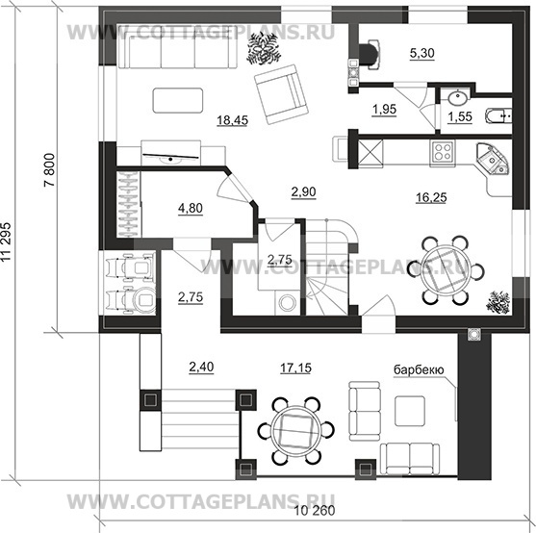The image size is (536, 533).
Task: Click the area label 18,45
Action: (x=233, y=120)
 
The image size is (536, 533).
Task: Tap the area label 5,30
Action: (x=422, y=53)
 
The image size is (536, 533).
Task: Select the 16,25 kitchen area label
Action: (x=431, y=197)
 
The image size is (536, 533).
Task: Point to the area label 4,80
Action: (x=191, y=208)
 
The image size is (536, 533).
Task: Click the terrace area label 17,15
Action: (x=296, y=368)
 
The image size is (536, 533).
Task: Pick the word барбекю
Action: (x=419, y=369)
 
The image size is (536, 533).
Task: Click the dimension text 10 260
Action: (x=315, y=511)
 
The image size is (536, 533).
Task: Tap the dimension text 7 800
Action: (x=50, y=169)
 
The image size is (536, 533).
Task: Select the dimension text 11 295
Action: (x=6, y=241)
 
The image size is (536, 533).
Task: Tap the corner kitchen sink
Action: (x=493, y=158)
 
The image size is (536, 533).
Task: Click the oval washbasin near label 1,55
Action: (x=457, y=98)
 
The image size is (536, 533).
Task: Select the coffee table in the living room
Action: (x=178, y=100)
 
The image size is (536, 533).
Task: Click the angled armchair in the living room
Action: (x=281, y=94)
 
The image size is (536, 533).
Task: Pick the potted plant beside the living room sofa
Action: (x=264, y=49)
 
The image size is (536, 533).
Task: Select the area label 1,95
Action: (x=384, y=110)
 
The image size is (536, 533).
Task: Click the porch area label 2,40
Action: (x=201, y=367)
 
